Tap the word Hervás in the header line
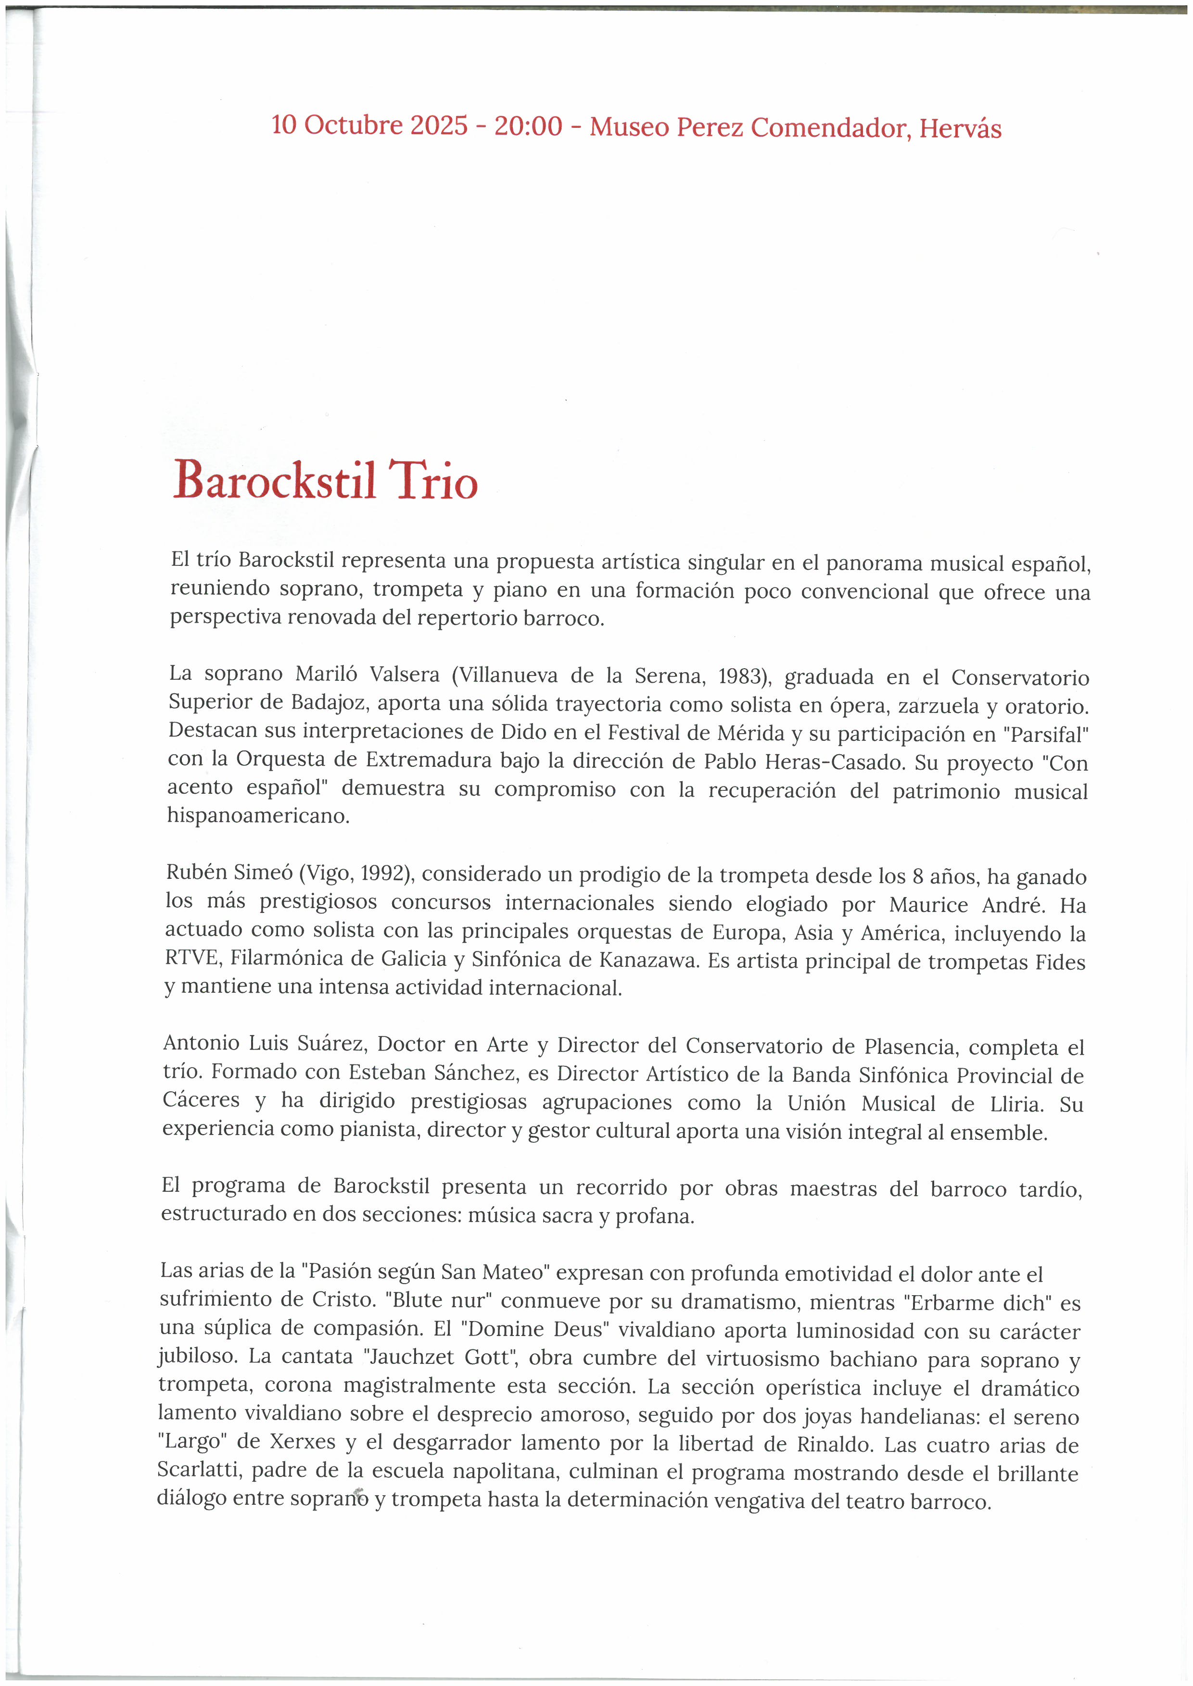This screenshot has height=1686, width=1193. [x=960, y=129]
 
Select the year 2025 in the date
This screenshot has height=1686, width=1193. [x=439, y=125]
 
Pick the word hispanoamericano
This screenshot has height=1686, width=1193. [x=258, y=816]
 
